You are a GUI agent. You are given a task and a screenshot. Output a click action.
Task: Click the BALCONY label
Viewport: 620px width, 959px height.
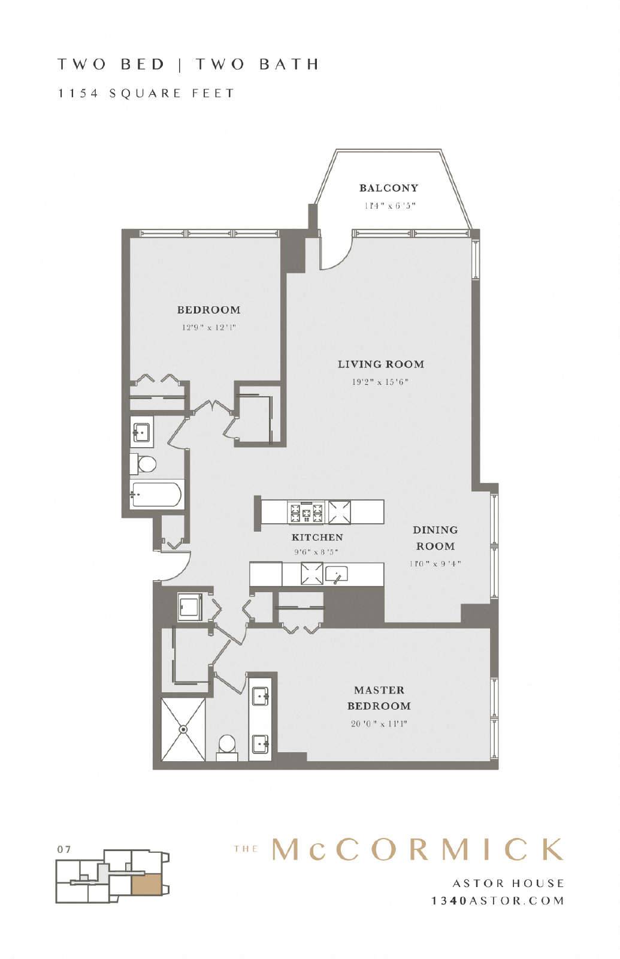click(388, 188)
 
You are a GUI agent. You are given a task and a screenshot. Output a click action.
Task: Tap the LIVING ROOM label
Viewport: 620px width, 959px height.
click(381, 364)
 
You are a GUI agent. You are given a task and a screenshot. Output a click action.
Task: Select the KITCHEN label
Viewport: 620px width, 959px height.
click(317, 537)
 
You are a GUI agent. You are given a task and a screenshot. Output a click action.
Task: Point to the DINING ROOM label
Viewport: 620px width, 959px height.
click(435, 538)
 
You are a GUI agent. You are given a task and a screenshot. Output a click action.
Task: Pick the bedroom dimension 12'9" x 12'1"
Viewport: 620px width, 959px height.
click(209, 327)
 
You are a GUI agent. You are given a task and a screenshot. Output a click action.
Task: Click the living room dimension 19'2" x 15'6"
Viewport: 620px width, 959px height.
click(380, 382)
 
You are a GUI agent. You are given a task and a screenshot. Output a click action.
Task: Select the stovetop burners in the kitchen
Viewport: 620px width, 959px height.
click(306, 512)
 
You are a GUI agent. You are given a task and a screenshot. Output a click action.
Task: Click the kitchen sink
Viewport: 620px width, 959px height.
click(337, 574)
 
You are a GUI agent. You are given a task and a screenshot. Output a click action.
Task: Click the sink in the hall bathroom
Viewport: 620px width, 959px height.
click(141, 433)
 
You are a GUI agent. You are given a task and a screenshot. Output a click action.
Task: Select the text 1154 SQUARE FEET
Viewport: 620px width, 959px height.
click(146, 94)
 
